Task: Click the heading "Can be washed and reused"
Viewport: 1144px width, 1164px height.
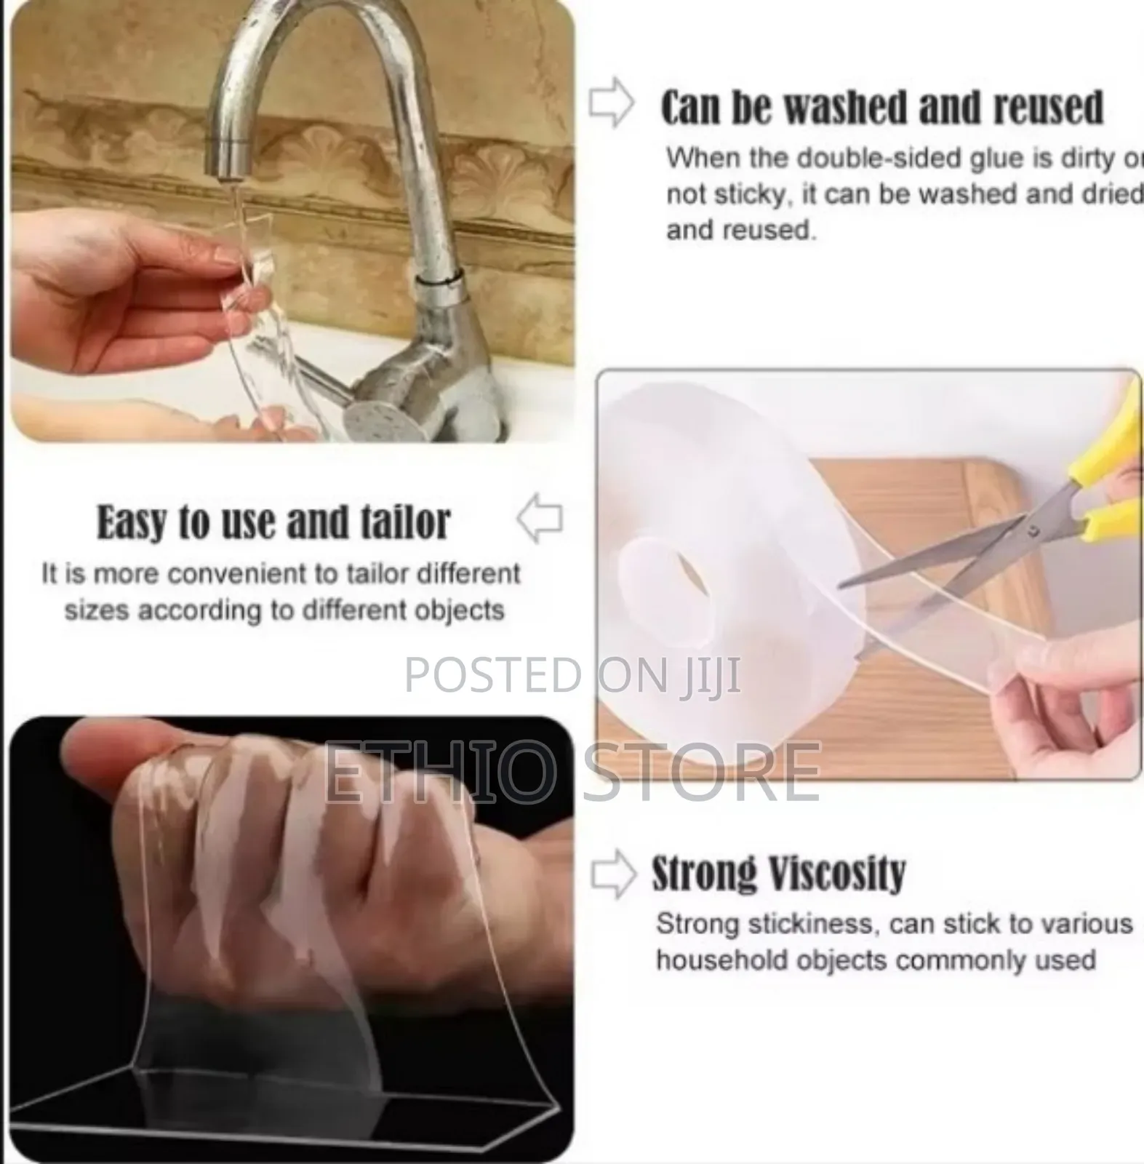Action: (881, 108)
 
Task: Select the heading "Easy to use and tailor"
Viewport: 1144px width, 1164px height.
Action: (273, 522)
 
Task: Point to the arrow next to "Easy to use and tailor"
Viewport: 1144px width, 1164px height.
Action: (540, 518)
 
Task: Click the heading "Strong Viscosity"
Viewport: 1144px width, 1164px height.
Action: (778, 873)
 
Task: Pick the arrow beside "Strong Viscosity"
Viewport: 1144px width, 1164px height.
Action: (613, 874)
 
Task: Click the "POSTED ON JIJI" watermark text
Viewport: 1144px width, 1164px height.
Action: (572, 674)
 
